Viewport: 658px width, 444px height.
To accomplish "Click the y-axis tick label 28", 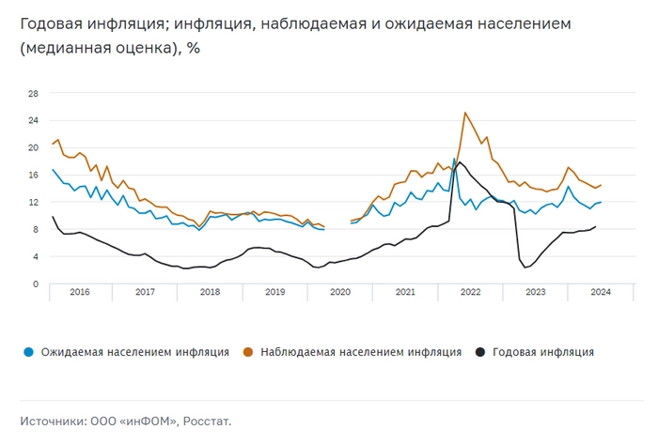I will coord(32,94).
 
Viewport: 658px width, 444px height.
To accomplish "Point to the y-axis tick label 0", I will coord(35,283).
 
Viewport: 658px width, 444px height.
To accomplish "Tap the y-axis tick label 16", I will coord(32,176).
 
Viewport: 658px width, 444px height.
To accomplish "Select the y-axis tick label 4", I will coord(35,256).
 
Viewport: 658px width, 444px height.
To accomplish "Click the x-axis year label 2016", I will coord(80,292).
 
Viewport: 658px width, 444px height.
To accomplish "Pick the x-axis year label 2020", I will coord(340,292).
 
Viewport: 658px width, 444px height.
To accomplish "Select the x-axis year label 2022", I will coord(470,292).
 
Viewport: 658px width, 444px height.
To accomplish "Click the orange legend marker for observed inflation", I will coord(249,352).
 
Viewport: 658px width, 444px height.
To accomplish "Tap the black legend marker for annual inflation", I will coord(480,352).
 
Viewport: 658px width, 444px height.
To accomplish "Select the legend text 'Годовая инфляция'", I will coord(543,352).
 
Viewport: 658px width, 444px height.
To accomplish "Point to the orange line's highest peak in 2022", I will coord(464,113).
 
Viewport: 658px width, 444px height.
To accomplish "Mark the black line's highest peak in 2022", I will coord(460,162).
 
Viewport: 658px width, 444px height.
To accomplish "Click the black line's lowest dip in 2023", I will coord(525,268).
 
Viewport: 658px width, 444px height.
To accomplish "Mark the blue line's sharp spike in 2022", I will coord(455,159).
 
